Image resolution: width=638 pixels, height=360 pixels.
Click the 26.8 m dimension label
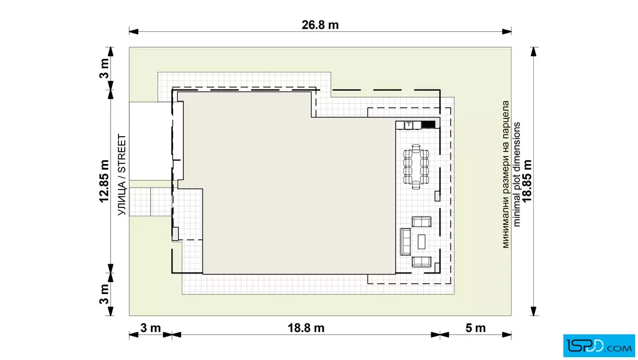[320, 25]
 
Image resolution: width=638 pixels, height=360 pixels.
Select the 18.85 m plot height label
[527, 181]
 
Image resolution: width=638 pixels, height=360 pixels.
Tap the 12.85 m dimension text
[104, 181]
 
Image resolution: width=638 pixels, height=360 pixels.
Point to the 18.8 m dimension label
[306, 328]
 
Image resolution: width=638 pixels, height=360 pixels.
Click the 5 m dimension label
[475, 328]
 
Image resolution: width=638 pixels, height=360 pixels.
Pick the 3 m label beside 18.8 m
[150, 328]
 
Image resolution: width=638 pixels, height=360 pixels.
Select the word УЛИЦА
[122, 199]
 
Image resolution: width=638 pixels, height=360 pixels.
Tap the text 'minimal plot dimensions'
[516, 174]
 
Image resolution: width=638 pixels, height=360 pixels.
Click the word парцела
[506, 118]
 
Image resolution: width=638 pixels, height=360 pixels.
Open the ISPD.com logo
[599, 345]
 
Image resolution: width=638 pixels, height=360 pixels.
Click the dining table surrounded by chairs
[416, 167]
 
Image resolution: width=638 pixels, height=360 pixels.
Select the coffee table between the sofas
[422, 241]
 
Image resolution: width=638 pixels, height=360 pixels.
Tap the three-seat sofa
[405, 242]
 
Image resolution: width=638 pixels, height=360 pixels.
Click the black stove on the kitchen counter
[428, 125]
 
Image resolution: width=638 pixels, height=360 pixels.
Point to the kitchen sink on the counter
[408, 125]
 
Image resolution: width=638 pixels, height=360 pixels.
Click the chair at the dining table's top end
[416, 147]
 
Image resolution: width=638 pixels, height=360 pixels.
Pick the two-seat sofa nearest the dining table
[422, 222]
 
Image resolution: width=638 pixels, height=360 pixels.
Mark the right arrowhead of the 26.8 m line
[506, 31]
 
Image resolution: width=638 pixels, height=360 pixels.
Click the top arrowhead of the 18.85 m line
[534, 52]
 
